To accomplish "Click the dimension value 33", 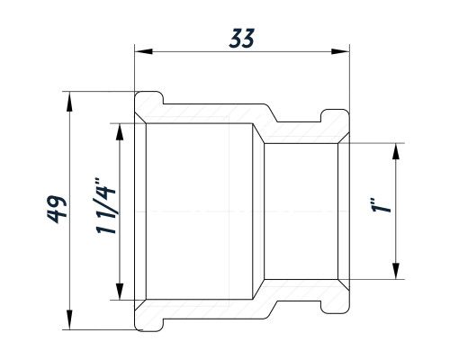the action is (x=242, y=38).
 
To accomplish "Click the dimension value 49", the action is (x=57, y=209).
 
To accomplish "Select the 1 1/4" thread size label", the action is (x=106, y=206).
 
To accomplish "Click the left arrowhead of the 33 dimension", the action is (x=144, y=51).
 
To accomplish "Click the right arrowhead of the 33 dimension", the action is (x=340, y=51).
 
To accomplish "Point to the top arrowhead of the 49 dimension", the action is (x=69, y=102).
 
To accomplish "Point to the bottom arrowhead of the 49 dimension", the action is (x=69, y=319).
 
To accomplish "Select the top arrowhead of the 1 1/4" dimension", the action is (x=120, y=132).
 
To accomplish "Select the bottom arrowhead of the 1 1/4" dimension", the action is (x=120, y=291).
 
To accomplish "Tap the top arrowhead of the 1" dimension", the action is (x=396, y=152).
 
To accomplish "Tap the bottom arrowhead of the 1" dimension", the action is (x=396, y=271).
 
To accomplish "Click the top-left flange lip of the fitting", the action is (x=149, y=97).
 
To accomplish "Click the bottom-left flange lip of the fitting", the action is (x=149, y=325).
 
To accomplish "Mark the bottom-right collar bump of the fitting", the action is (x=336, y=308).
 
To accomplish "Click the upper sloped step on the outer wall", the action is (x=271, y=112).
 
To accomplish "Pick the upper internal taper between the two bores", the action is (x=258, y=133).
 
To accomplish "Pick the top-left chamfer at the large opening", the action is (x=140, y=118).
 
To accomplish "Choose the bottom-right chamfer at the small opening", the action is (x=344, y=285).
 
